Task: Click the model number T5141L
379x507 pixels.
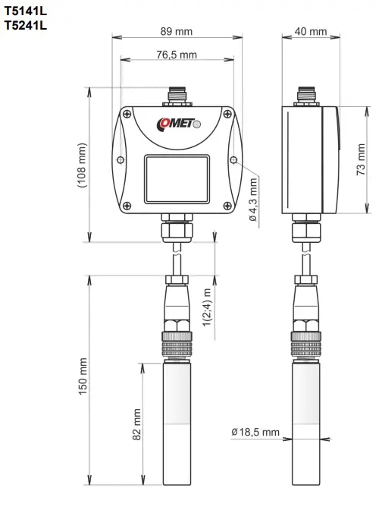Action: click(26, 11)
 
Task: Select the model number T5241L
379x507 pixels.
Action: click(26, 25)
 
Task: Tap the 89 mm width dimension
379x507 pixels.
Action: click(177, 32)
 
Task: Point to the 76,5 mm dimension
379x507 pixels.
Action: click(177, 55)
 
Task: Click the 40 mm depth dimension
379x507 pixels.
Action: click(311, 32)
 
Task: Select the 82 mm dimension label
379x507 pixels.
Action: click(137, 425)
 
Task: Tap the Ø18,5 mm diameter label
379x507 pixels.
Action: click(255, 433)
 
